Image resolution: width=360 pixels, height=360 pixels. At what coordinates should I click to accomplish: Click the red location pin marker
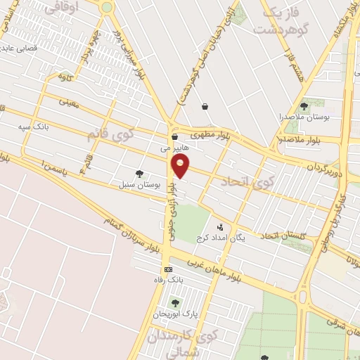[x=181, y=167]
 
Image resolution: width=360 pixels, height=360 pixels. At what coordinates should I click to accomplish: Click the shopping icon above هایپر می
[x=174, y=137]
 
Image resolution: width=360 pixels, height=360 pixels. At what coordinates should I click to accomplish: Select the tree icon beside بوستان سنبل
[x=139, y=173]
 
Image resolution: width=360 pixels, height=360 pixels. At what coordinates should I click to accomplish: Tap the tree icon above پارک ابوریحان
[x=175, y=302]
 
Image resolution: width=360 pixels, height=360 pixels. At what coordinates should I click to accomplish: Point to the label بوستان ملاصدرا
[x=303, y=116]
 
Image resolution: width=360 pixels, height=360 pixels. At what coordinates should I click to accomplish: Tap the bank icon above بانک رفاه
[x=168, y=269]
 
